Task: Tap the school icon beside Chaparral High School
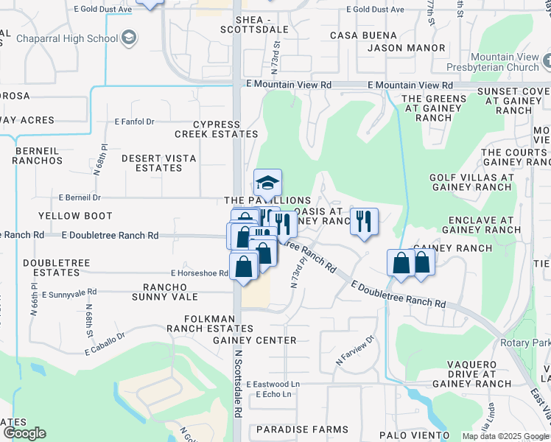coord(128,38)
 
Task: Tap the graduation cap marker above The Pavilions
coord(267,182)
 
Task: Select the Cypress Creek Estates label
coord(216,129)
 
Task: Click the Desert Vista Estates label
coord(152,163)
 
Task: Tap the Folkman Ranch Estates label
coord(200,323)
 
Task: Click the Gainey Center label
coord(255,340)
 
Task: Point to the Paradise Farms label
coord(303,429)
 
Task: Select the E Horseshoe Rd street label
coord(199,273)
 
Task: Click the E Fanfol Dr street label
coord(135,122)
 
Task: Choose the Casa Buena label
coord(363,35)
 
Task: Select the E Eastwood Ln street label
coord(273,385)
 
